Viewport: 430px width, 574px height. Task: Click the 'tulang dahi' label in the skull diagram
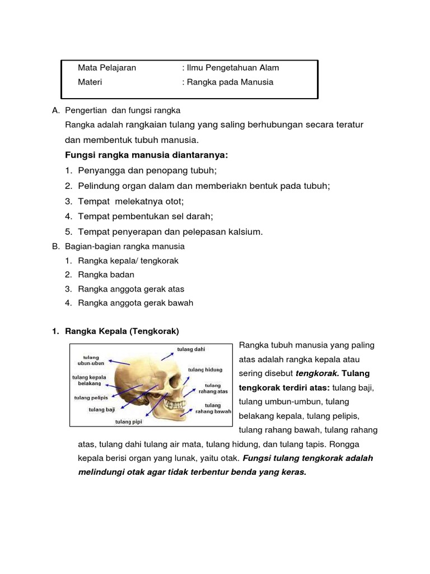click(191, 350)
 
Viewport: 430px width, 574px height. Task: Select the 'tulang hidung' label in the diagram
click(205, 370)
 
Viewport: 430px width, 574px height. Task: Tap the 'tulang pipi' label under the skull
click(128, 422)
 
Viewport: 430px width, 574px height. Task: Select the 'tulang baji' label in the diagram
click(102, 409)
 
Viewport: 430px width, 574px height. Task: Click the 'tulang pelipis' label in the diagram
click(91, 398)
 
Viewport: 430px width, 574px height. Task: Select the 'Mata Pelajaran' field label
click(107, 68)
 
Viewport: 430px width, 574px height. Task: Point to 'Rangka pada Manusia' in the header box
click(230, 82)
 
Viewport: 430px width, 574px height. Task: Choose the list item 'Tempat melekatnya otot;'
click(131, 201)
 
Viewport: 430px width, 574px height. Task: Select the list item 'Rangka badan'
click(106, 275)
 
